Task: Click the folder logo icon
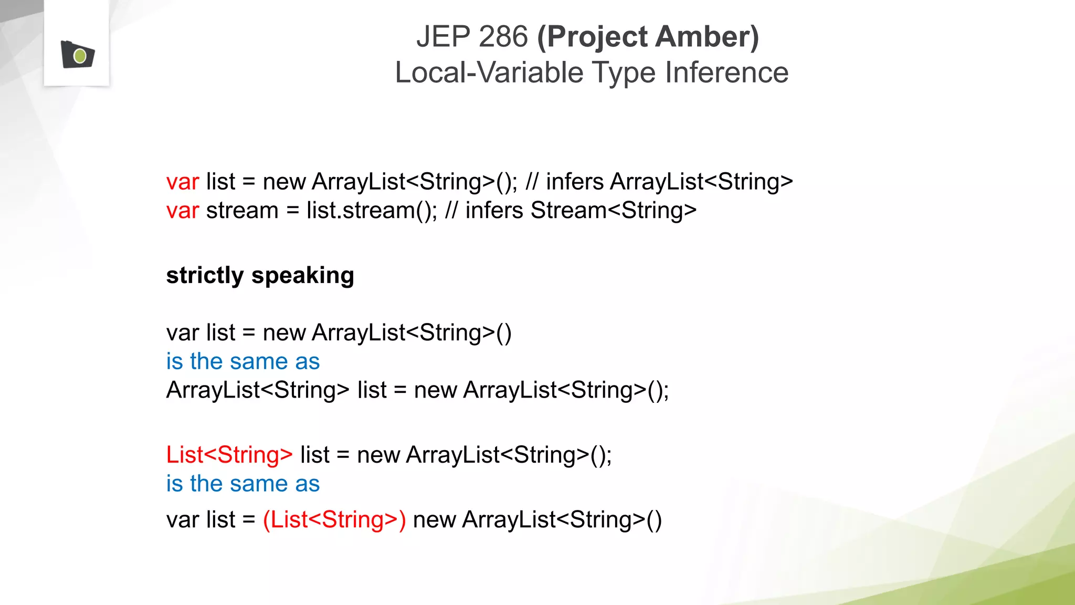(x=77, y=55)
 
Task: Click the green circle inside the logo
(x=80, y=56)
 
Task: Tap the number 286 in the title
(x=503, y=37)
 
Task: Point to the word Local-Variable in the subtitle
(x=489, y=72)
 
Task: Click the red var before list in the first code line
(x=182, y=182)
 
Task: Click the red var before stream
(x=182, y=211)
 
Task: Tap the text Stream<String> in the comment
(x=613, y=211)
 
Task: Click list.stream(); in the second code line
(x=371, y=211)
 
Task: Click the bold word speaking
(x=303, y=276)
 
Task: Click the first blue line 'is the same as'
(x=243, y=362)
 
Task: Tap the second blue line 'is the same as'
(x=243, y=484)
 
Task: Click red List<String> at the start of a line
(x=229, y=455)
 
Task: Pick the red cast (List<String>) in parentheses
(x=334, y=520)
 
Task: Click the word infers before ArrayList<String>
(x=574, y=182)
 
